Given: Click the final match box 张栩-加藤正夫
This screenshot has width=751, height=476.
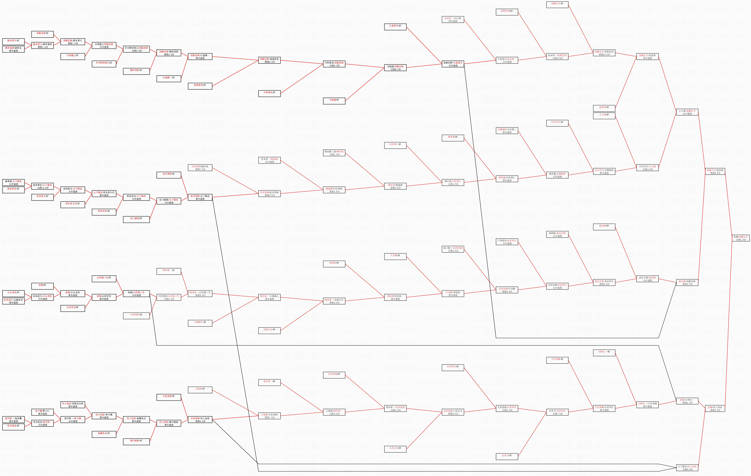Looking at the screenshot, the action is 741,238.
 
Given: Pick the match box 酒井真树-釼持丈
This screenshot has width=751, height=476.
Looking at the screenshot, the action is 13,49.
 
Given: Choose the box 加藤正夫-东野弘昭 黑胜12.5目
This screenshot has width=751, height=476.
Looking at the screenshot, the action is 604,53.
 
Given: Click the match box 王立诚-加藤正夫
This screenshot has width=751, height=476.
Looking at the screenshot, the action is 687,112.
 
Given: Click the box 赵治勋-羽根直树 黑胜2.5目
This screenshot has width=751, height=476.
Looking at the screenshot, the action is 687,282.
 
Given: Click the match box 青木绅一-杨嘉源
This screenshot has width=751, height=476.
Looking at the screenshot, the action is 269,160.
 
